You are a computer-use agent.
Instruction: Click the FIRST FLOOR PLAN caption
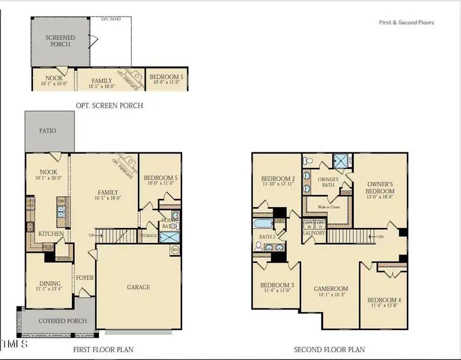(103, 349)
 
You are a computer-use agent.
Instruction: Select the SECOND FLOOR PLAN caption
(329, 349)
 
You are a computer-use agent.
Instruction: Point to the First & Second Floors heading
(406, 23)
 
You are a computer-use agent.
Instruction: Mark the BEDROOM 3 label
(276, 287)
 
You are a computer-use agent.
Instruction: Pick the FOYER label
(84, 278)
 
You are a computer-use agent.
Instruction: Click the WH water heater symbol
(175, 250)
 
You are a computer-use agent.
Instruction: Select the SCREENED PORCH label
(60, 41)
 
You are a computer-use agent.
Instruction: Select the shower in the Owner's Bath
(341, 162)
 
